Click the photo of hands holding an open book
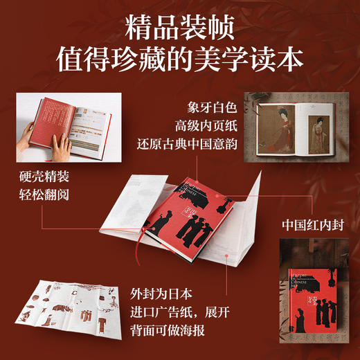click(x=60, y=125)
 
